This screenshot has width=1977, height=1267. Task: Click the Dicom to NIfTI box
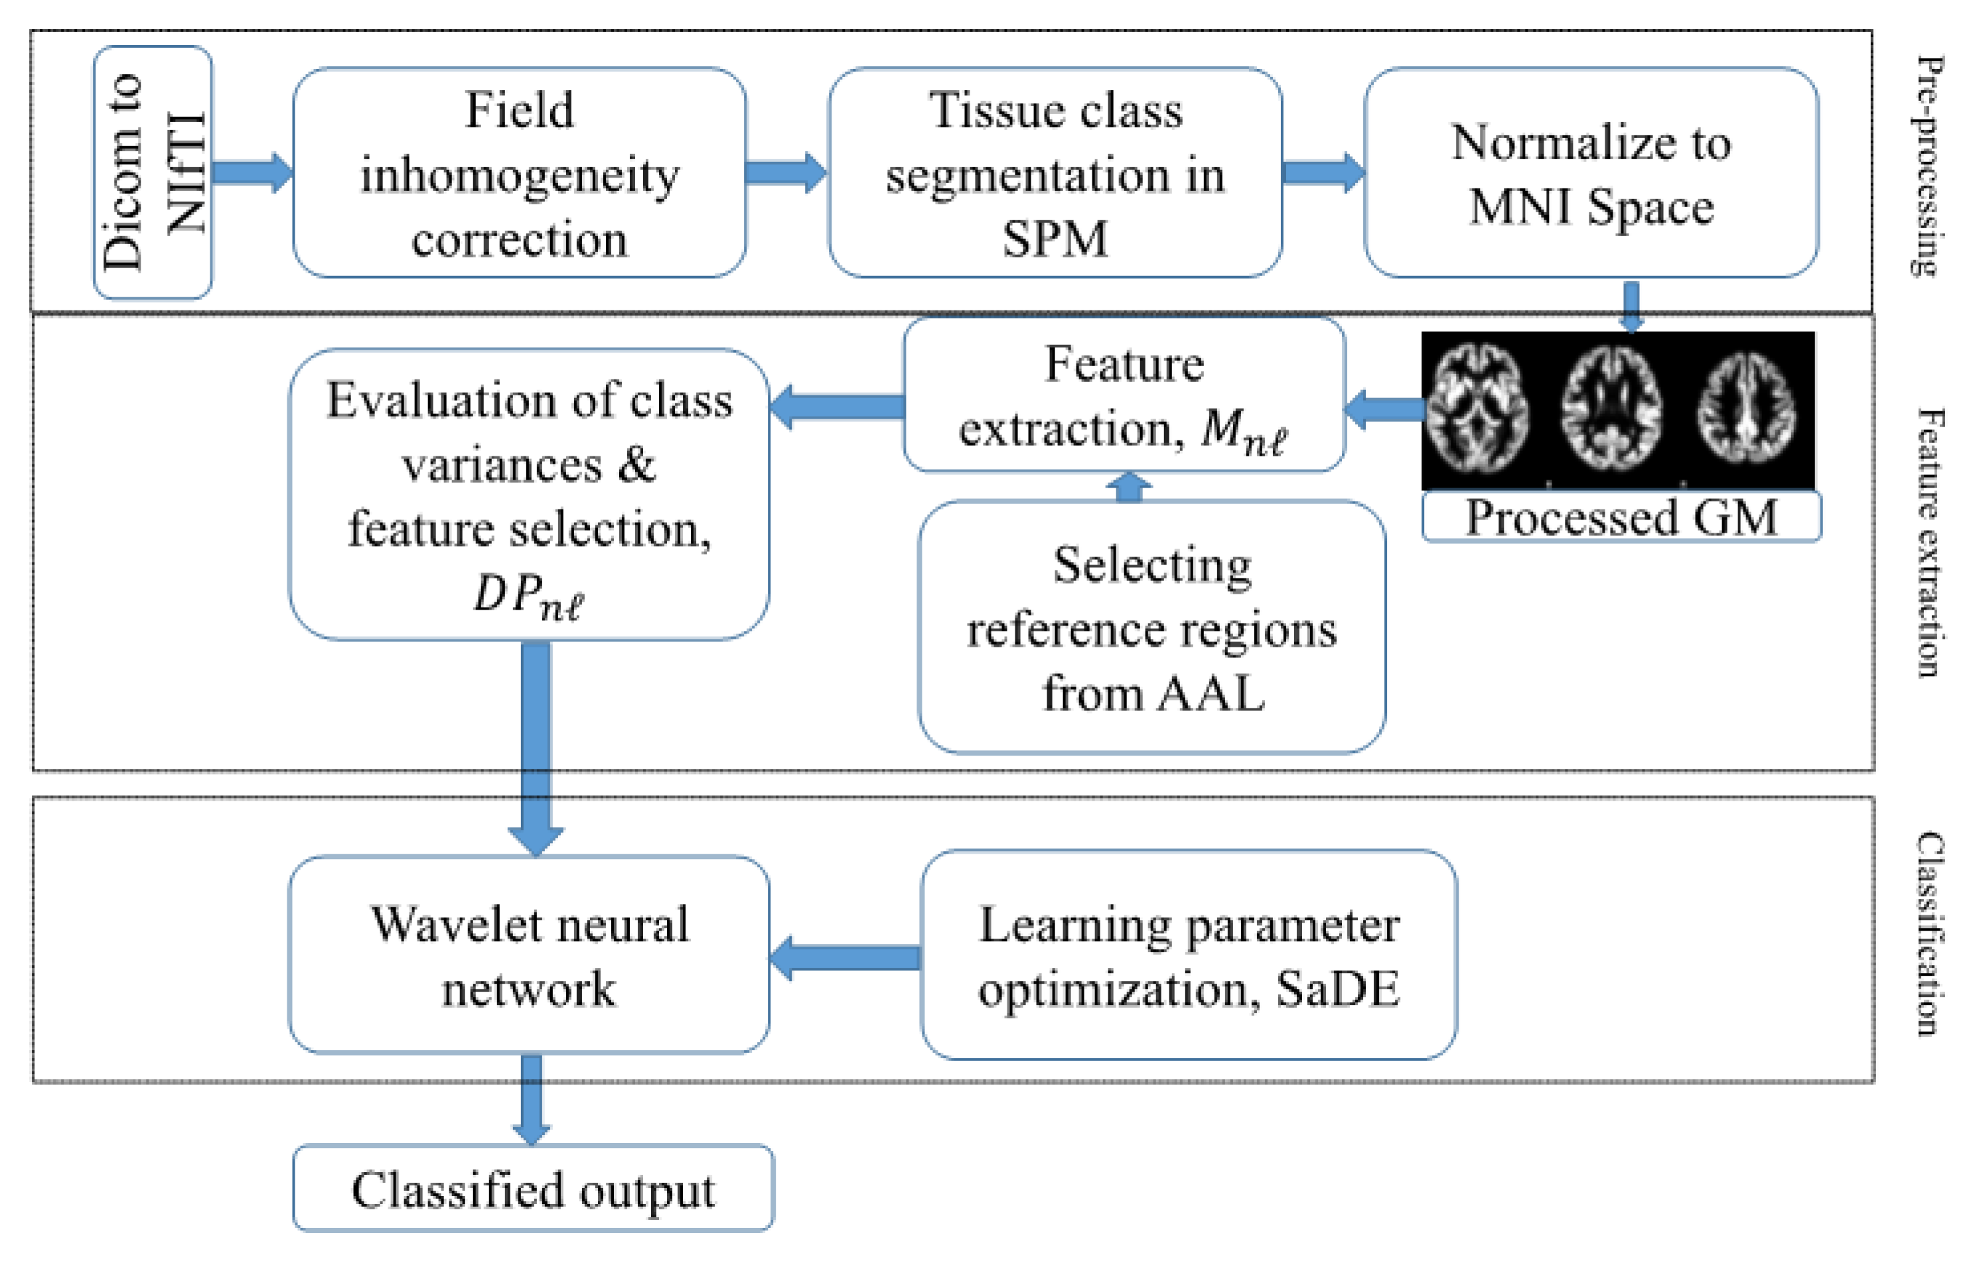tap(153, 172)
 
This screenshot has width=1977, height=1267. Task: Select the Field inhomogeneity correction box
tap(520, 172)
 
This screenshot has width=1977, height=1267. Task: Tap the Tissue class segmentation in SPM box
tap(1055, 172)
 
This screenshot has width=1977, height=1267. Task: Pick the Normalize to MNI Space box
tap(1591, 172)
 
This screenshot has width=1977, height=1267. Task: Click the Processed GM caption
tap(1621, 517)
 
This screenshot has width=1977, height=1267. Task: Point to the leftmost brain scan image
tap(1477, 409)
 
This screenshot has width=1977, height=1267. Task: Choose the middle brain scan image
tap(1611, 409)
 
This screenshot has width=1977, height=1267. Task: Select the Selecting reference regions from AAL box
tap(1151, 627)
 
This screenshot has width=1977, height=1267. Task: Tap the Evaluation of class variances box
tap(529, 494)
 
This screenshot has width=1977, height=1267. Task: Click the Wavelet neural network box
tap(529, 955)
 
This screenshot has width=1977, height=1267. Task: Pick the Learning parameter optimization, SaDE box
tap(1189, 955)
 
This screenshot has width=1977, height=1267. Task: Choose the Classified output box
tap(534, 1189)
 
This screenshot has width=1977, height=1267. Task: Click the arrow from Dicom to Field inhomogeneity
tap(253, 172)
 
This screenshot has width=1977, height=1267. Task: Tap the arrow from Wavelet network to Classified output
tap(532, 1100)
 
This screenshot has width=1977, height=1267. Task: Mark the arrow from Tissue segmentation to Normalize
tap(1323, 172)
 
